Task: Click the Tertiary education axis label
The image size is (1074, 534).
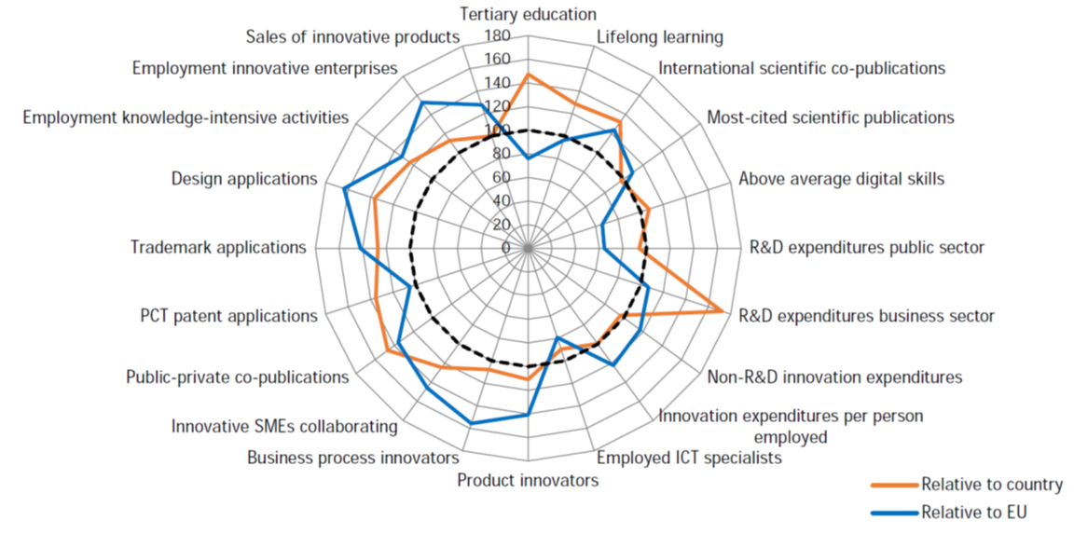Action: [x=528, y=14]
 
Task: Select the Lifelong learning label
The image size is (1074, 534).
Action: [x=659, y=37]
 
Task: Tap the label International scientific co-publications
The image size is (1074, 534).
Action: [x=802, y=68]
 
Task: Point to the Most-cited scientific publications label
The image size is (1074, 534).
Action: [x=830, y=117]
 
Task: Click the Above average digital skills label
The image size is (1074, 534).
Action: [x=841, y=178]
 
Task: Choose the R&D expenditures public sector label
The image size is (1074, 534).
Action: [x=867, y=248]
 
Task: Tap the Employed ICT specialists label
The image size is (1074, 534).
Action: [x=689, y=458]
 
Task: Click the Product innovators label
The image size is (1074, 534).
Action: [x=528, y=481]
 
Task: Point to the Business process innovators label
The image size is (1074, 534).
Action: [x=353, y=458]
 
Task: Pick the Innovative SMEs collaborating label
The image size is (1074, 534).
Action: [x=284, y=426]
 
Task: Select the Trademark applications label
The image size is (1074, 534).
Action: [x=218, y=248]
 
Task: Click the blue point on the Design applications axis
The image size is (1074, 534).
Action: [x=344, y=190]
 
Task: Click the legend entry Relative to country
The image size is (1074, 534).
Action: [x=991, y=484]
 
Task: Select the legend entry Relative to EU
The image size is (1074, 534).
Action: [x=978, y=511]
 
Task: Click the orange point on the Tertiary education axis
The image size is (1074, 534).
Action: [x=528, y=75]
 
